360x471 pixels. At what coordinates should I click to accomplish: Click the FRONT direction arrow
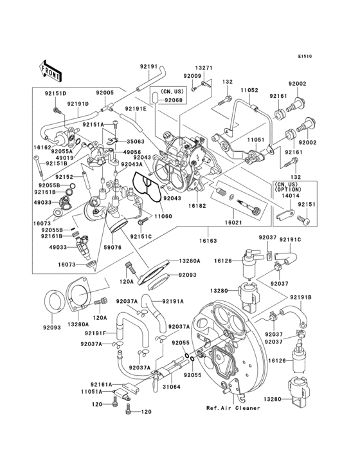click(51, 67)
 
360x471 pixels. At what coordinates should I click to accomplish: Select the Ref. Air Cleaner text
click(233, 408)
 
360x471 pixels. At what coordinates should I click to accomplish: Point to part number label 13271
click(203, 68)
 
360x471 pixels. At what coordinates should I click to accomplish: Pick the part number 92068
click(174, 100)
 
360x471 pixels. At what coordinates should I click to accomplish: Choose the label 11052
click(249, 91)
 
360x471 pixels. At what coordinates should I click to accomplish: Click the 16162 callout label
click(42, 147)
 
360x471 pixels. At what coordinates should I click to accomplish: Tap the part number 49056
click(132, 151)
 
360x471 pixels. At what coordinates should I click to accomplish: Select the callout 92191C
click(290, 239)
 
